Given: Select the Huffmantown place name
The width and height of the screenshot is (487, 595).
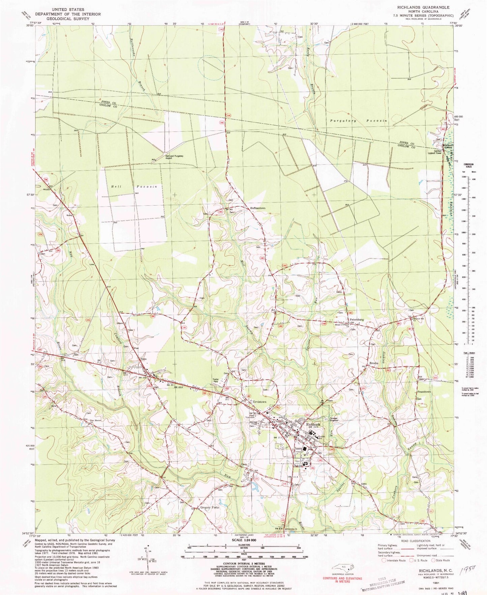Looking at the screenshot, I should [258, 208].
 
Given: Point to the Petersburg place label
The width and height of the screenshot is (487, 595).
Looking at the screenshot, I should [357, 319].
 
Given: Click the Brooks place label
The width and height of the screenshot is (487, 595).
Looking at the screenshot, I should [373, 363].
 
